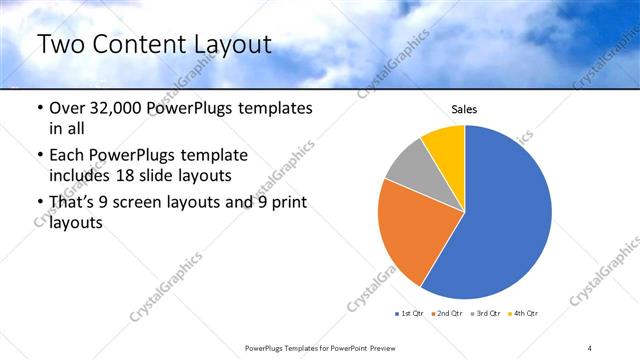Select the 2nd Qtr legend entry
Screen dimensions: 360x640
pyautogui.click(x=447, y=314)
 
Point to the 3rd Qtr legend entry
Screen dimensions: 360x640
pyautogui.click(x=486, y=314)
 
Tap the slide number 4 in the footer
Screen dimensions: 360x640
pyautogui.click(x=590, y=347)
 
